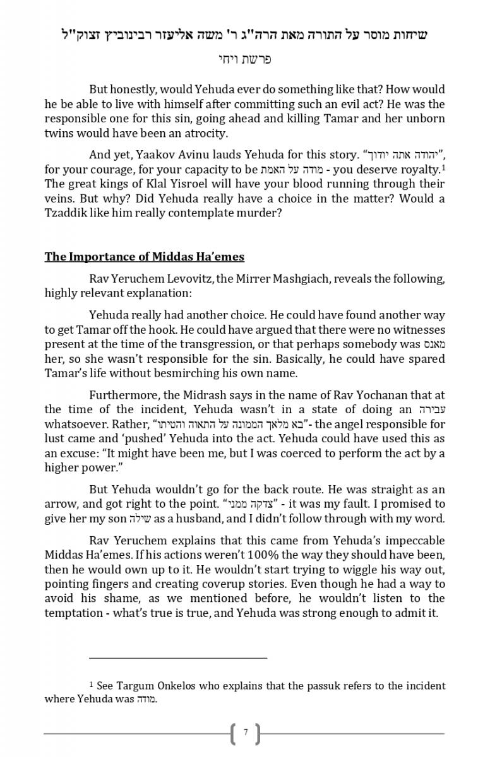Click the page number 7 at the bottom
(x=246, y=732)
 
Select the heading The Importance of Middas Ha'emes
(x=144, y=257)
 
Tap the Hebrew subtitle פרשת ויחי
(x=244, y=59)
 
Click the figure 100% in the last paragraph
(x=241, y=555)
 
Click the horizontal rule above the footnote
(x=178, y=658)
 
